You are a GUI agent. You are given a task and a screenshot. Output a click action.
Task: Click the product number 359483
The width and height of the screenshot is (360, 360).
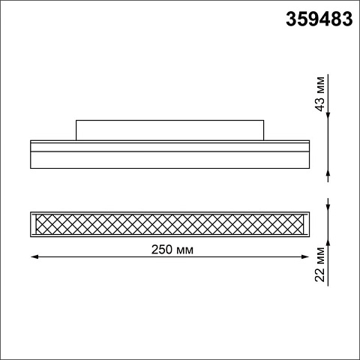tap(319, 19)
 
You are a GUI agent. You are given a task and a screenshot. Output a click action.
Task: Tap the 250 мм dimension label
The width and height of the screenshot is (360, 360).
tap(172, 249)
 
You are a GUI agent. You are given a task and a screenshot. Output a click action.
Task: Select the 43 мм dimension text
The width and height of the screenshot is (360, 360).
tap(319, 94)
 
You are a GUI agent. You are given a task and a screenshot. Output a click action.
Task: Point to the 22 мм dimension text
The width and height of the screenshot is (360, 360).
tap(319, 265)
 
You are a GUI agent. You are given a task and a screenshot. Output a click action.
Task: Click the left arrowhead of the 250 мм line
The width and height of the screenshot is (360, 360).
tap(34, 256)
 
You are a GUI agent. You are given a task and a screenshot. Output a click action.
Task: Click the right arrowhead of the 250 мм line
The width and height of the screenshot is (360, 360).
tap(305, 256)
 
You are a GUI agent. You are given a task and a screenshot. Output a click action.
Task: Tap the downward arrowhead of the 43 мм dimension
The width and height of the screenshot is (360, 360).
tap(328, 116)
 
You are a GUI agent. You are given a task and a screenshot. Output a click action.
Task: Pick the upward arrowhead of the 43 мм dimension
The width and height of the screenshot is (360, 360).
tap(328, 172)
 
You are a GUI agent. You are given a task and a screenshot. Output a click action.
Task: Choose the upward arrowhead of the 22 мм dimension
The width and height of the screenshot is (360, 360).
tap(328, 241)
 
